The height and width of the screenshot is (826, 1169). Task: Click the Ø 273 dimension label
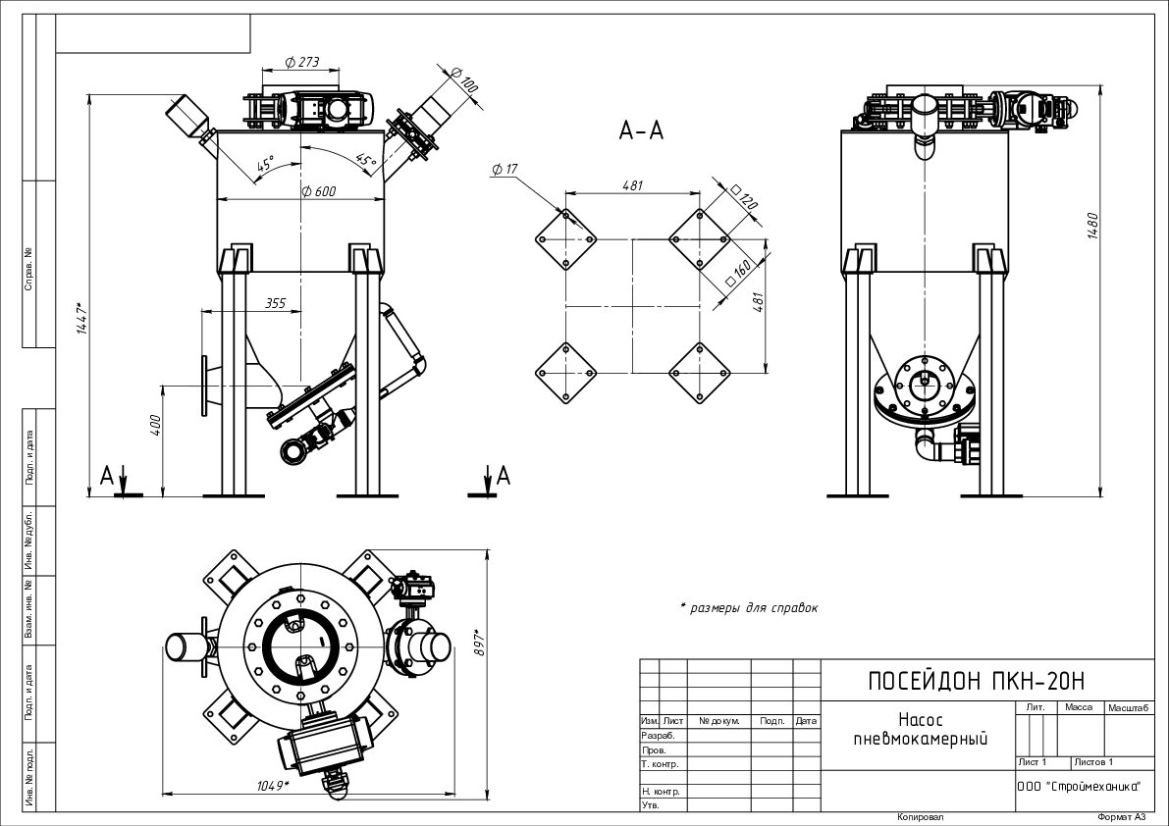[x=302, y=62]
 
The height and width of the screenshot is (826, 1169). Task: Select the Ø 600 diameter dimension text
[x=318, y=191]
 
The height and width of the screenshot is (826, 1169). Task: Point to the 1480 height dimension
[x=1092, y=226]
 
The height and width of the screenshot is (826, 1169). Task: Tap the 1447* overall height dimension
[x=83, y=318]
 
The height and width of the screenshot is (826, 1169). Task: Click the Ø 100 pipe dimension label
[x=463, y=78]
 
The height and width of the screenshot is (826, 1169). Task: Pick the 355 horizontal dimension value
[x=275, y=303]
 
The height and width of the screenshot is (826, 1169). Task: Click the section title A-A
[x=641, y=130]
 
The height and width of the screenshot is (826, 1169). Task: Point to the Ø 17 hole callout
[x=505, y=170]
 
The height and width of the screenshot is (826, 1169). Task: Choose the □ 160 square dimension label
[x=738, y=272]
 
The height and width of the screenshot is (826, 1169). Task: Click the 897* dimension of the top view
[x=480, y=644]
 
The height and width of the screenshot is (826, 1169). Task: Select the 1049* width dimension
[x=272, y=784]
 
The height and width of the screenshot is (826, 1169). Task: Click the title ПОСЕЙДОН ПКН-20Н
[x=977, y=681]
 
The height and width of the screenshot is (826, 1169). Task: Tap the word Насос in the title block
[x=920, y=720]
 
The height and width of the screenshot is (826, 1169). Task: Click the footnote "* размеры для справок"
[x=749, y=608]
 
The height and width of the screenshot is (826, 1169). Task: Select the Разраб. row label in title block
[x=659, y=735]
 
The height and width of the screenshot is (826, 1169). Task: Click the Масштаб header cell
[x=1129, y=707]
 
